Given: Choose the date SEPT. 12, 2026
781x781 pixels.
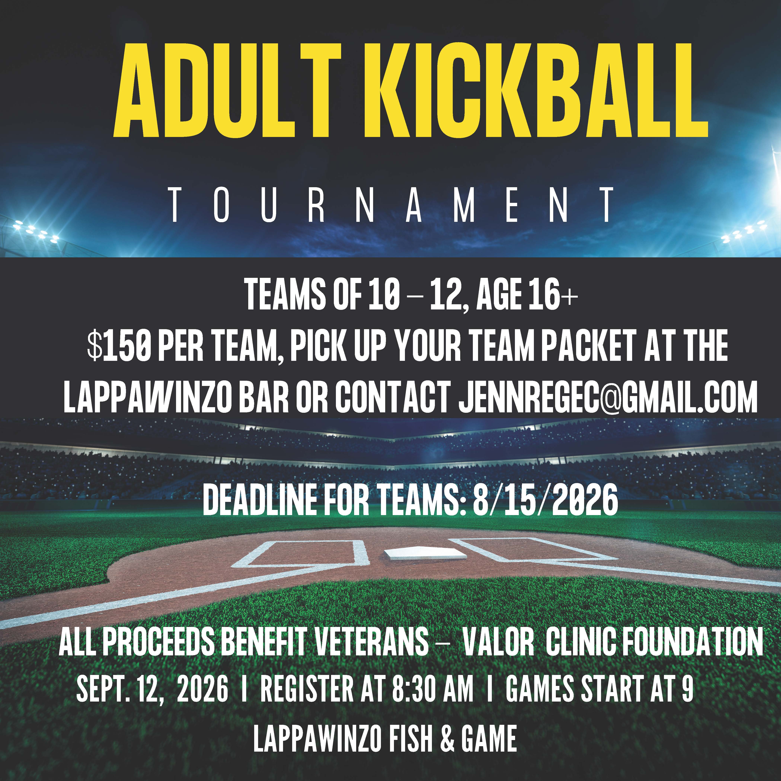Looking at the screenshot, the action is point(152,690).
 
